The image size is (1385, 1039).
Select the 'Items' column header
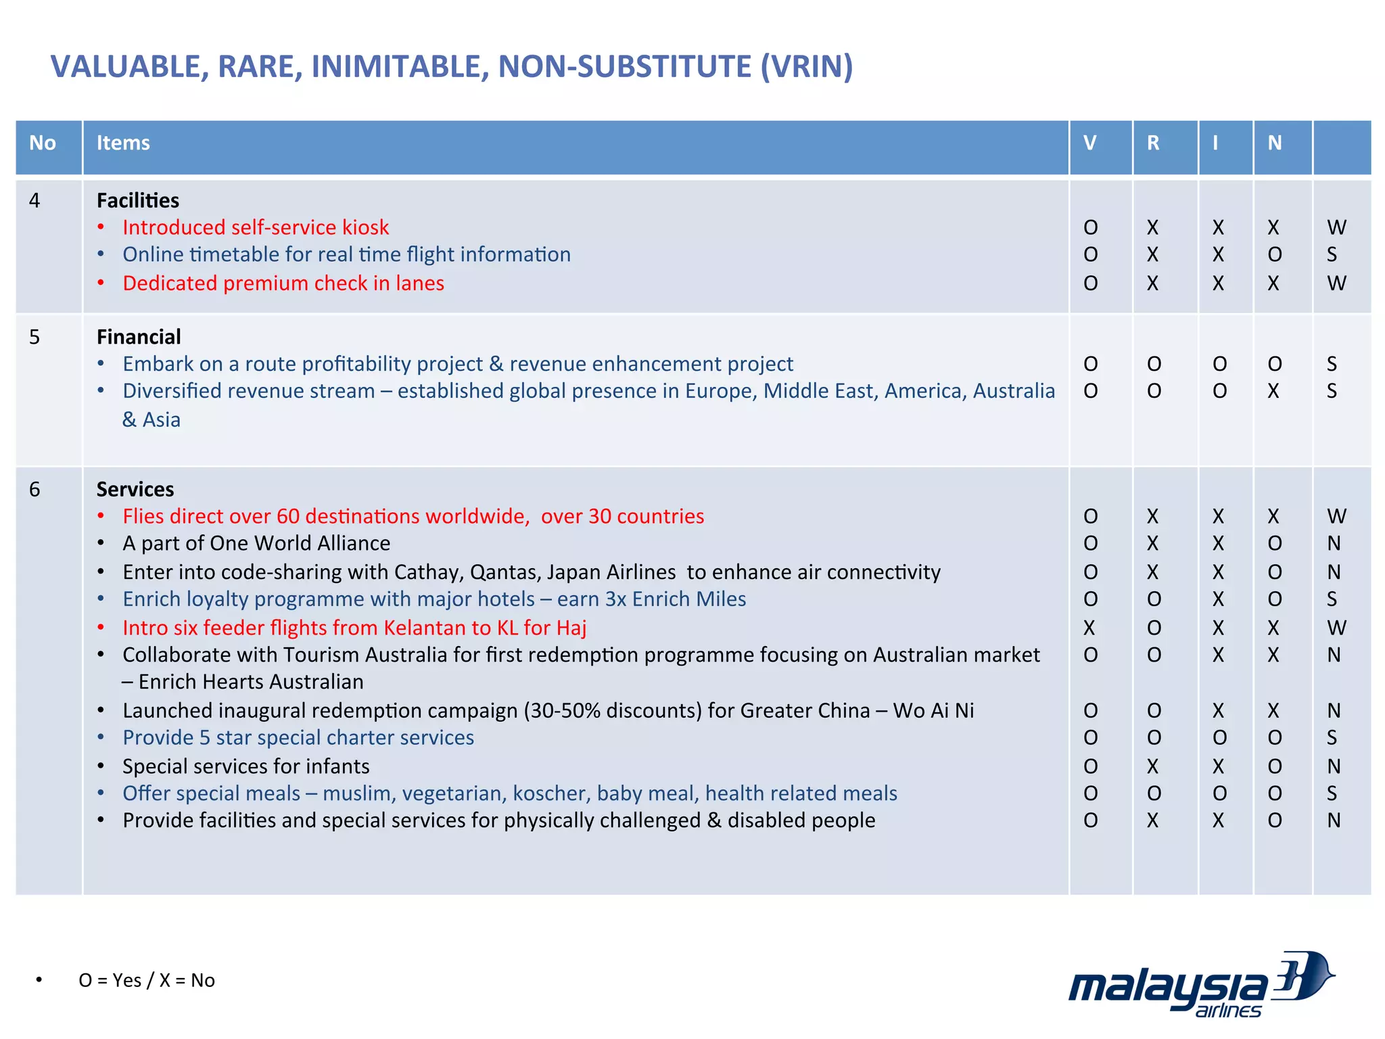click(x=123, y=143)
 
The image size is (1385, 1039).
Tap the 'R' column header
click(x=1153, y=143)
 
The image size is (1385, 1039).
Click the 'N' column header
click(x=1274, y=143)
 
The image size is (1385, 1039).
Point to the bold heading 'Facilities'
click(x=138, y=200)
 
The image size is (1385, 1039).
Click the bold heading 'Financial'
click(x=139, y=337)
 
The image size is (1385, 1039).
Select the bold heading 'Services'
click(x=135, y=489)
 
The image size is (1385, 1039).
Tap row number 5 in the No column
click(x=34, y=337)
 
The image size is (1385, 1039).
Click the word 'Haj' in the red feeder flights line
click(x=571, y=628)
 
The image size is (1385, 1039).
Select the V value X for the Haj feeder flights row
click(x=1089, y=628)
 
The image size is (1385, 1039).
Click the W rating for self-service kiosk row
click(x=1336, y=227)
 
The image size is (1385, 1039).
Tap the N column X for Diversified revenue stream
click(x=1273, y=391)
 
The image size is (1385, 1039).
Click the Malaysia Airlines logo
click(x=1200, y=985)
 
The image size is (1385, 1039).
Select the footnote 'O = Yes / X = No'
click(x=147, y=980)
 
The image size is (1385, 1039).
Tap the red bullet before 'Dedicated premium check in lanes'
click(x=101, y=283)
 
